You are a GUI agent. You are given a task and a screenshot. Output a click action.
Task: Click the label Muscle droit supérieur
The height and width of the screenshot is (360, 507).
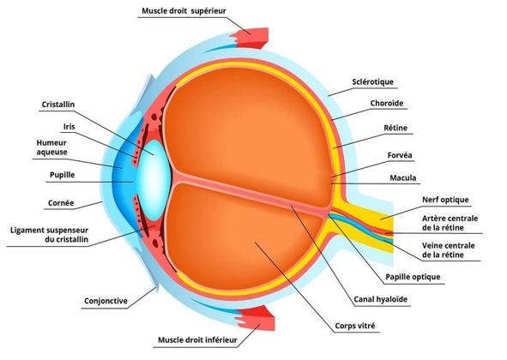coord(184,11)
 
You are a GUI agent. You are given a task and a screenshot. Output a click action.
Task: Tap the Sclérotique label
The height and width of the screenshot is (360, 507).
coord(373,81)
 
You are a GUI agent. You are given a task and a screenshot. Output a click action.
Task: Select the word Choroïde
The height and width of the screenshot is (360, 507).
coord(387,104)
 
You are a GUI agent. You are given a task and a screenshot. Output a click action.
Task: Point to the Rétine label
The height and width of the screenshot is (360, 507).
coord(395,128)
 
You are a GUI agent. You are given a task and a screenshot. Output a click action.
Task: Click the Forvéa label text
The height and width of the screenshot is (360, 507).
coord(400,155)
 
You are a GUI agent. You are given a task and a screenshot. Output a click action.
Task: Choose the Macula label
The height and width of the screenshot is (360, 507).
coord(403,177)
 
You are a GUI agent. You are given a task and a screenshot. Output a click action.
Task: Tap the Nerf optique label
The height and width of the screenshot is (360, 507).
coord(445,200)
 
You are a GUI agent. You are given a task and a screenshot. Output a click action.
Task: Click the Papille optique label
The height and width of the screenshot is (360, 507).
coord(413,277)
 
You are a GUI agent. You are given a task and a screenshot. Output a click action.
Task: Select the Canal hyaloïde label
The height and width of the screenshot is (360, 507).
coord(381,299)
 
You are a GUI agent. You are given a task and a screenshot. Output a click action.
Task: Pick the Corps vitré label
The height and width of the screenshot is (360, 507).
coord(355,326)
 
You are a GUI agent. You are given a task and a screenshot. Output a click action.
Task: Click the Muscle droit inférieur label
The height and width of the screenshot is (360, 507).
coord(197,340)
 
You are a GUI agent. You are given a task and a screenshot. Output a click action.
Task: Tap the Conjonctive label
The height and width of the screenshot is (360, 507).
coord(106,301)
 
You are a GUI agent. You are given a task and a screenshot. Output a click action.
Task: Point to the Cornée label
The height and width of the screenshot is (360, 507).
coord(61,203)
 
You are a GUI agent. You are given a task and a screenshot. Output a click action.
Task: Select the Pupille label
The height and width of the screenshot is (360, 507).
coord(62,175)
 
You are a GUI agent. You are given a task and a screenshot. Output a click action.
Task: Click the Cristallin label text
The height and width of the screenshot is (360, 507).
coord(58,105)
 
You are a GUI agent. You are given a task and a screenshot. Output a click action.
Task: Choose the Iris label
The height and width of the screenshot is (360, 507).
coord(69,127)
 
